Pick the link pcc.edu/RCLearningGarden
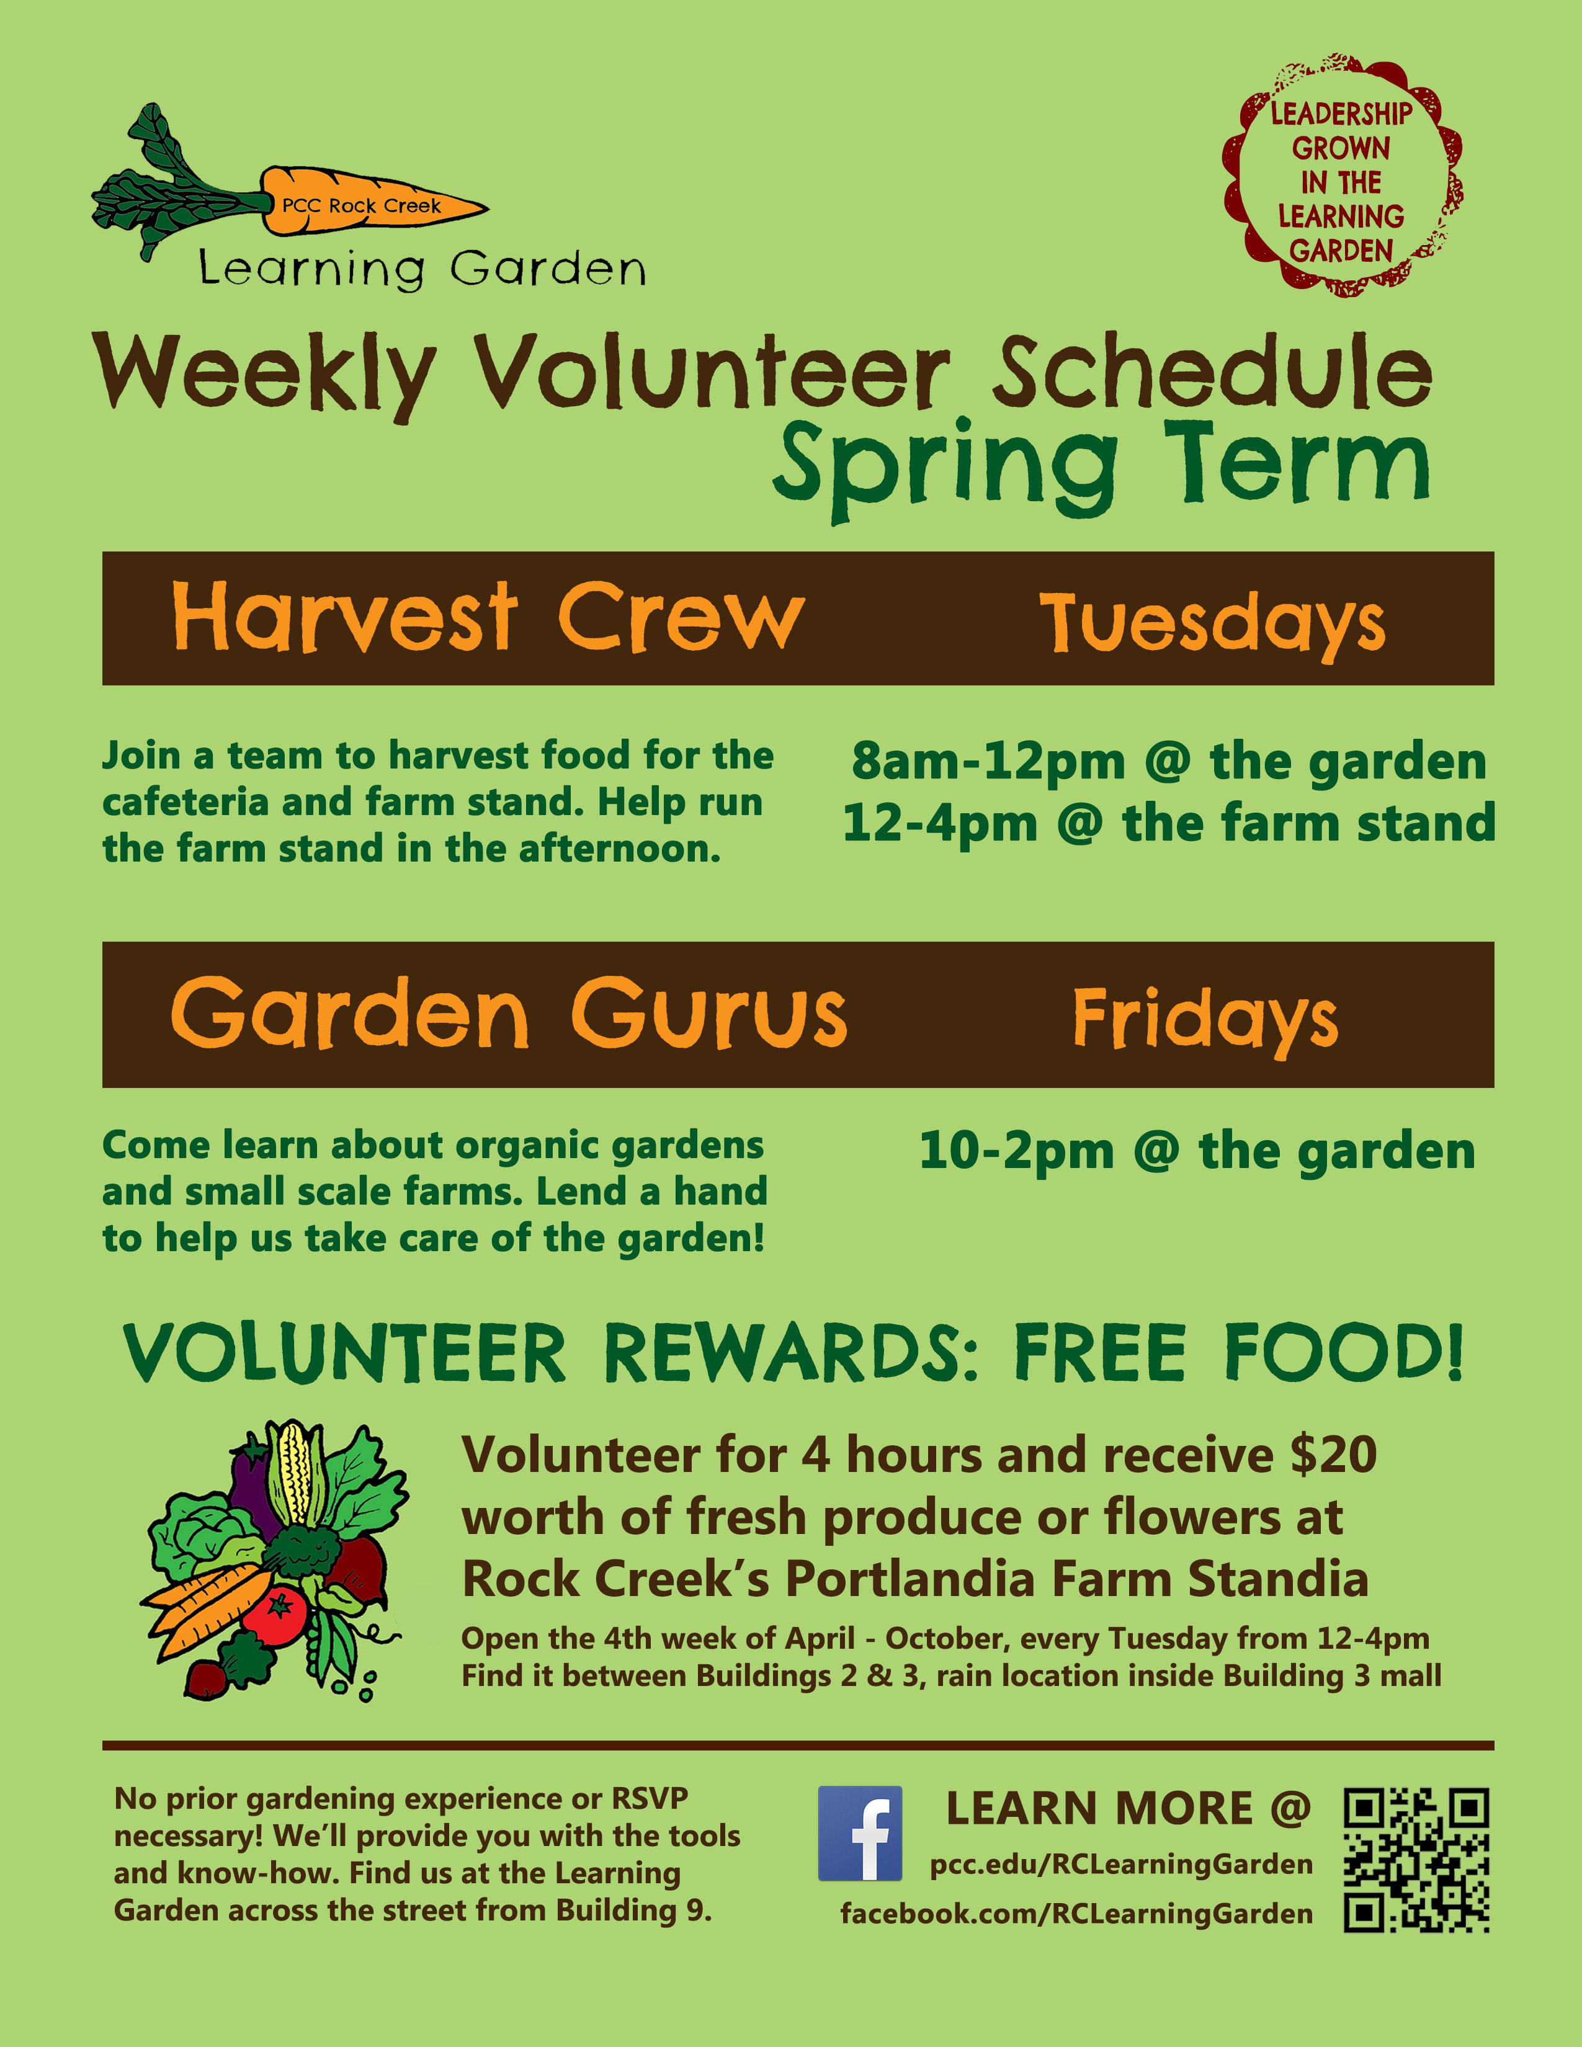(x=1121, y=1863)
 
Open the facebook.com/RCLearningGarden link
(x=1077, y=1913)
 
